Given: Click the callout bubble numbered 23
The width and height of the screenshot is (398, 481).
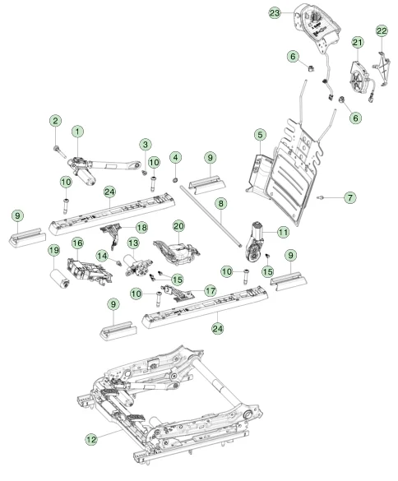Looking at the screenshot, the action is point(275,13).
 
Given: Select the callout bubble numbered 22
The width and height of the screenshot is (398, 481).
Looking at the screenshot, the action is point(382,30).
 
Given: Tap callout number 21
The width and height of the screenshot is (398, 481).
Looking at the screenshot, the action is point(358,42).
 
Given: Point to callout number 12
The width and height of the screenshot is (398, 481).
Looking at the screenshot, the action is point(91,439).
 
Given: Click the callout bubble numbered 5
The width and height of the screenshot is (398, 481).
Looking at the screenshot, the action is point(260,135).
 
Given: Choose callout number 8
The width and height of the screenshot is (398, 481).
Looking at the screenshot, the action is point(221,203).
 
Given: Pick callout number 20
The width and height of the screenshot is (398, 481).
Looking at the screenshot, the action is point(179,226).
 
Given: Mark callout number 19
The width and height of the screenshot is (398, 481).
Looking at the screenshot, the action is point(54,250).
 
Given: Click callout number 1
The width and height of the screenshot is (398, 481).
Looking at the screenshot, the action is point(77,132).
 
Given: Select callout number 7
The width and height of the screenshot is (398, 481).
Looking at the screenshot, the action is point(350,197).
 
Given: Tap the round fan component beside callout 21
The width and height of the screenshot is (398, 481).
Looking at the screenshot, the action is point(359,78).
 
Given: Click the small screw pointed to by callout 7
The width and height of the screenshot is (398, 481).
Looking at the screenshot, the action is point(322,197).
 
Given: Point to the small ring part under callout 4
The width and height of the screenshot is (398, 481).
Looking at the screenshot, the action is point(175,179).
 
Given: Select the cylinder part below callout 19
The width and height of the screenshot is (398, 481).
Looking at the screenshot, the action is point(59,279).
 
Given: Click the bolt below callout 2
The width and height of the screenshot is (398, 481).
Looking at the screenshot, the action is point(59,151).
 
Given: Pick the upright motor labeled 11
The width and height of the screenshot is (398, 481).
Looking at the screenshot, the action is point(255,242).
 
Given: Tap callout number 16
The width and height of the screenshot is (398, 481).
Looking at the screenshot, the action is point(77,243).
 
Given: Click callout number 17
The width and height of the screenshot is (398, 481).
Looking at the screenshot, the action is point(211,290).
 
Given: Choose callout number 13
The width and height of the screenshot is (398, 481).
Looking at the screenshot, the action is point(133,243).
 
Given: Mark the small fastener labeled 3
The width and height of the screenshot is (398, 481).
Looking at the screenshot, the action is point(144,173).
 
